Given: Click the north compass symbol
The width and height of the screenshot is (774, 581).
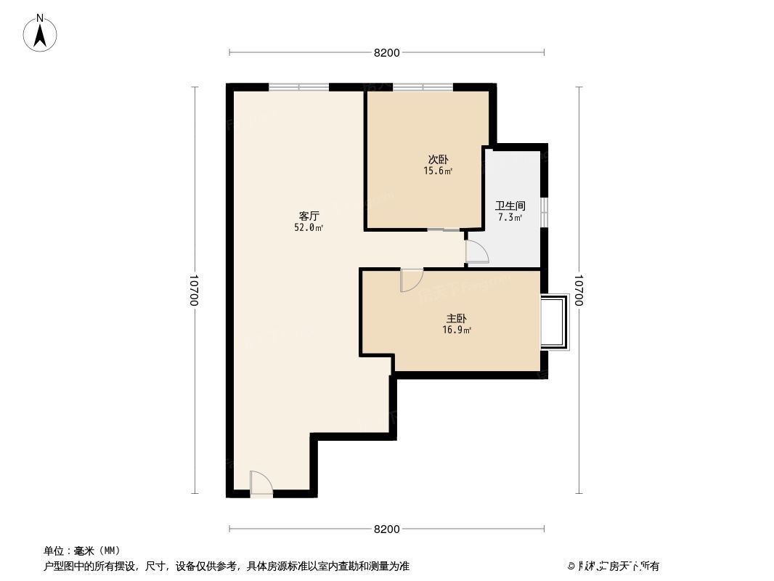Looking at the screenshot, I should click(41, 33).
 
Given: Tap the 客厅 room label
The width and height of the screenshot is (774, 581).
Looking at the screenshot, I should click(310, 216).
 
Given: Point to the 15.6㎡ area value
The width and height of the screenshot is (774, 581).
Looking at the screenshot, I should click(438, 171).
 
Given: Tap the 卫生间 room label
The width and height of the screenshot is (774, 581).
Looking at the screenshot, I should click(510, 206).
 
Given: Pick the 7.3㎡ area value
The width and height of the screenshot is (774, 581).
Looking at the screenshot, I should click(510, 217).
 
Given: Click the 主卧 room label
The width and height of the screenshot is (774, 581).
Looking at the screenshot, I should click(456, 318).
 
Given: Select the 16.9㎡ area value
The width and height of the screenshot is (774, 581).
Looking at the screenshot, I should click(457, 330).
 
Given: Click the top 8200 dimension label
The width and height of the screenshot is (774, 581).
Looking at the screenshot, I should click(387, 52).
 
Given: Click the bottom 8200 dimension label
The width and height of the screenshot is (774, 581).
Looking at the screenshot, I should click(387, 529).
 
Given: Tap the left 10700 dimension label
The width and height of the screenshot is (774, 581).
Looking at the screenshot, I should click(194, 290).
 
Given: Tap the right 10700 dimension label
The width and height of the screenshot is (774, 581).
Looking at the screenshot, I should click(579, 290).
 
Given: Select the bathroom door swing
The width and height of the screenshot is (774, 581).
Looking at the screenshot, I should click(477, 252).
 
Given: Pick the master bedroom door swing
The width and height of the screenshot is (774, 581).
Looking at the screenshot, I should click(411, 280).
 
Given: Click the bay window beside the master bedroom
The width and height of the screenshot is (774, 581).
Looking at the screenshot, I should click(555, 322).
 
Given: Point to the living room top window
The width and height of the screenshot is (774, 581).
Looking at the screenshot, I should click(298, 87).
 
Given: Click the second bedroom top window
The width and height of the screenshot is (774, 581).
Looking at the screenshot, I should click(423, 87).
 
